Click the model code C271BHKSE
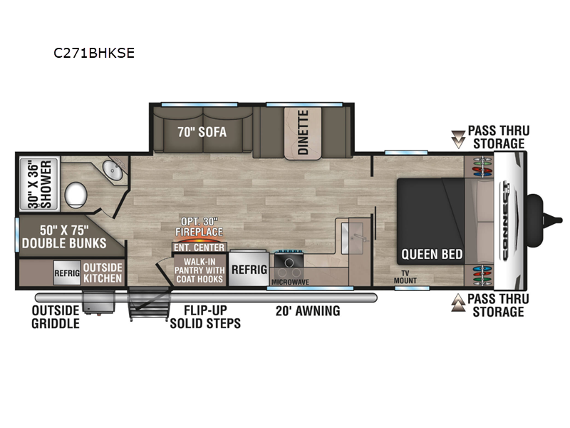click(94, 53)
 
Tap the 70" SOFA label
click(197, 131)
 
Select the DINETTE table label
click(303, 133)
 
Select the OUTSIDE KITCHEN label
click(104, 272)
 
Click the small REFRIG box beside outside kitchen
click(67, 272)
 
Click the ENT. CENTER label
click(199, 248)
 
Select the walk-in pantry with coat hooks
click(199, 270)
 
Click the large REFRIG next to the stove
click(249, 270)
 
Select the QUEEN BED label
click(432, 254)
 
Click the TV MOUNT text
click(405, 277)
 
